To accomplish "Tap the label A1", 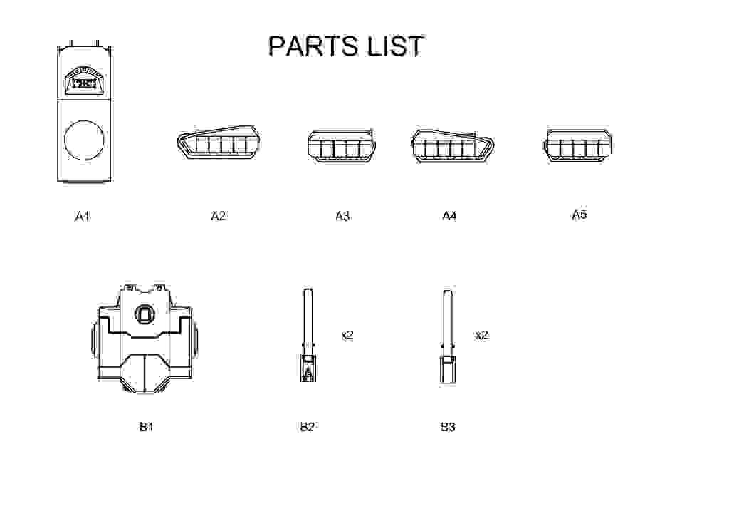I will coord(83,215).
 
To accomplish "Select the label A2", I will coord(218,215).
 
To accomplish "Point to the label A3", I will coord(342,215).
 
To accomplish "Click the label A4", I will coord(449,215).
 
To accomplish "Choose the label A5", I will coord(579,214).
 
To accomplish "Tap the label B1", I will coord(146,427).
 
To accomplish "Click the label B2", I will coord(307,427).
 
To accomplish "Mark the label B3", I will coord(447,427).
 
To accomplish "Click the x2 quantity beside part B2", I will coord(347,334).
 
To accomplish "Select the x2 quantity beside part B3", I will coord(482,334).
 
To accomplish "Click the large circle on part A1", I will coord(84,139).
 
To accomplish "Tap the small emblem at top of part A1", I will coord(84,81).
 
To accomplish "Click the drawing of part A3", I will coord(342,146).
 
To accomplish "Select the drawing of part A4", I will coord(451,145).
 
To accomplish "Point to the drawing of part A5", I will coord(577,146).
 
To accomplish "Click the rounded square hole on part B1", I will coord(145,314).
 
